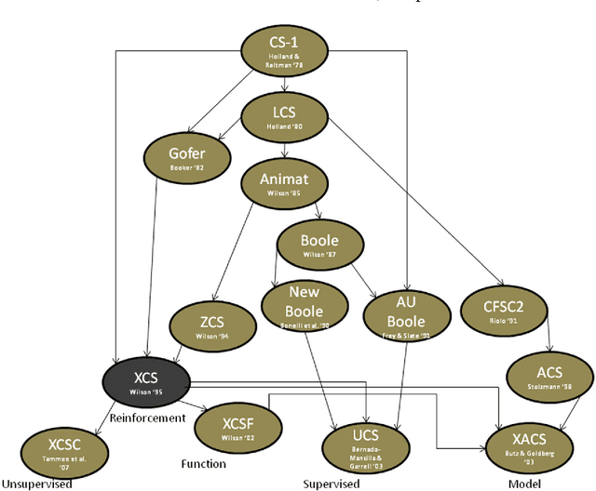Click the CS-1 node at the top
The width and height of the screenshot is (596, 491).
click(x=285, y=51)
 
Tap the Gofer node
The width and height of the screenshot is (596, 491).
click(x=185, y=157)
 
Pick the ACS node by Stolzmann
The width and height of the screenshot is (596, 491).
click(x=549, y=376)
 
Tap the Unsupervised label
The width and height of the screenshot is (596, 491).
click(x=37, y=483)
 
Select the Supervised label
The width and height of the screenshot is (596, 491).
click(x=332, y=484)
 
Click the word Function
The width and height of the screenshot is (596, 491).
click(x=203, y=463)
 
